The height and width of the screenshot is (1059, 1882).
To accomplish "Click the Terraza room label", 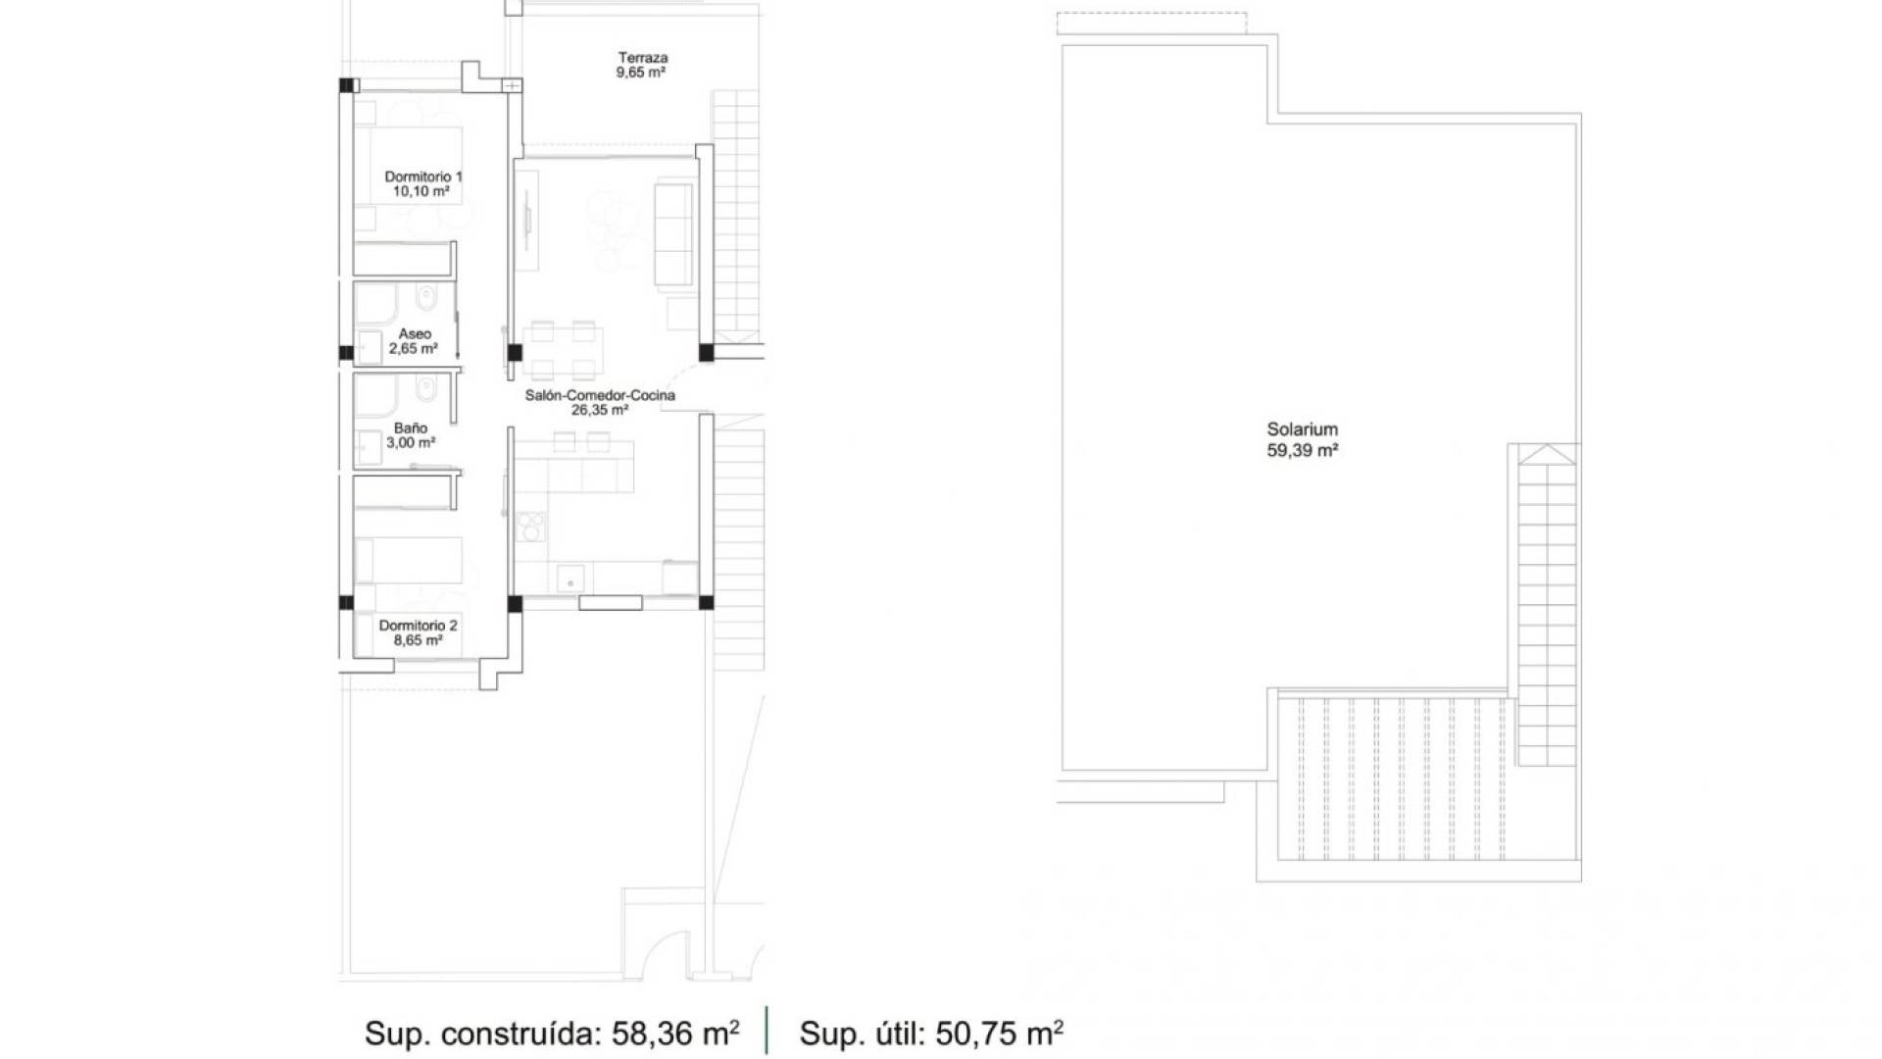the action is pos(643,58).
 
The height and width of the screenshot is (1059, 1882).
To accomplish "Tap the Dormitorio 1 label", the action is pos(423,176).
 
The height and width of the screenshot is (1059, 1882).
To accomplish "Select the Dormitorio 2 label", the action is pos(419,626).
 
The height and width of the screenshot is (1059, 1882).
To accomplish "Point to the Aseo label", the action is pos(415,334).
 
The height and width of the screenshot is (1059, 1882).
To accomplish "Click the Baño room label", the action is pos(411,429).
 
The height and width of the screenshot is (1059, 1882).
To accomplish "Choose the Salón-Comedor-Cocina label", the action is pos(600,395).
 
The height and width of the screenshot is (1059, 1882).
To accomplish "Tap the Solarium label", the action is pos(1302,429).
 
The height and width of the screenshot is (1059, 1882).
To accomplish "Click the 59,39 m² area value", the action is pos(1303,451).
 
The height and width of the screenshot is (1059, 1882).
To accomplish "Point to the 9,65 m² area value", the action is pos(642,73).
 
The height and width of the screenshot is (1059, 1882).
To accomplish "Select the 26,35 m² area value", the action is pos(600,410).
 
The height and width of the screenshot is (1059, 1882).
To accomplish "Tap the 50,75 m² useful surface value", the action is pos(1000,1034).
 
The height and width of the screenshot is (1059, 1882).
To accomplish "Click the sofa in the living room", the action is pos(673,233).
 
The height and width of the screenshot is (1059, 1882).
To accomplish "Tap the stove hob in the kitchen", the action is pos(530,527).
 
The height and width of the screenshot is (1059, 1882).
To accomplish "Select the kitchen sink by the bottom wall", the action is pos(570,580).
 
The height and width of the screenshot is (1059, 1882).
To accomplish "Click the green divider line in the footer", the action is pos(767,1031).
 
